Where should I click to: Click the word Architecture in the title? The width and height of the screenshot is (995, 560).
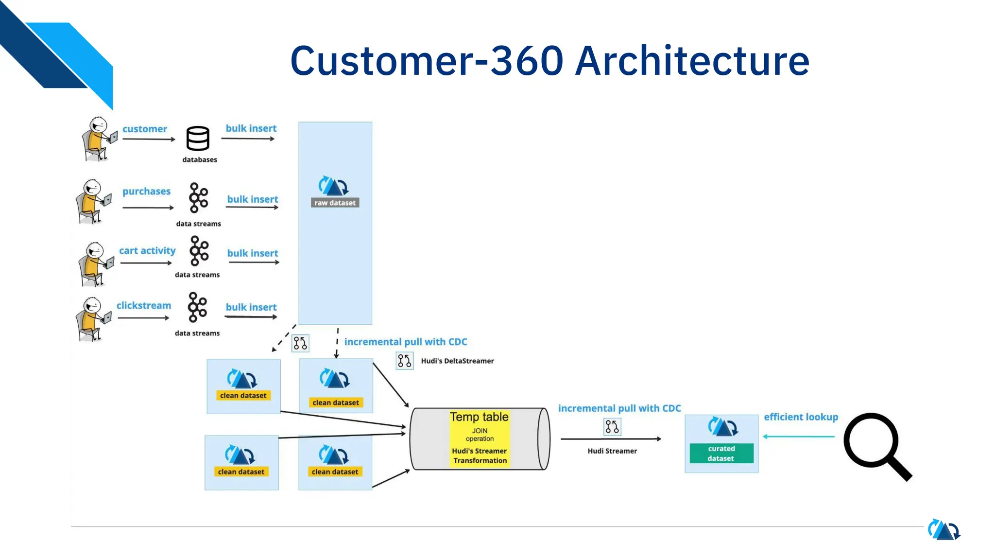pyautogui.click(x=692, y=61)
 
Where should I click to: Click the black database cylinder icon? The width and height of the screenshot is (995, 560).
pyautogui.click(x=198, y=139)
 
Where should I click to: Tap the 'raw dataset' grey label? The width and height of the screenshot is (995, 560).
pyautogui.click(x=335, y=203)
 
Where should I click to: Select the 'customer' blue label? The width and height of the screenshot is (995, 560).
pyautogui.click(x=144, y=129)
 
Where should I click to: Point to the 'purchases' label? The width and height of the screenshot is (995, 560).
pyautogui.click(x=146, y=191)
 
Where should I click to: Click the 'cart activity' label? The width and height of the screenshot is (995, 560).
pyautogui.click(x=147, y=250)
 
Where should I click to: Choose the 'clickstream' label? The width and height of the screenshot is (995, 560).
pyautogui.click(x=144, y=305)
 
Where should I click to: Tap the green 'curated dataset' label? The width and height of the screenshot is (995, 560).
pyautogui.click(x=721, y=453)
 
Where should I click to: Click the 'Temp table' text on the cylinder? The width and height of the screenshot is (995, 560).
pyautogui.click(x=479, y=417)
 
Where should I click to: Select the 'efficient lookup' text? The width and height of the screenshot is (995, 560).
pyautogui.click(x=801, y=417)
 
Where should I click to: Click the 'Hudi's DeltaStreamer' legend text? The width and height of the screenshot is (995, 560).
pyautogui.click(x=457, y=361)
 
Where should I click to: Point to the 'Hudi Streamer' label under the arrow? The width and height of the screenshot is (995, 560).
pyautogui.click(x=612, y=451)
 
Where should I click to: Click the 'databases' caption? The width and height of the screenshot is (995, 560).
pyautogui.click(x=200, y=159)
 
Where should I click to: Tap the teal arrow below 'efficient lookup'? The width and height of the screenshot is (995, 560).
pyautogui.click(x=799, y=436)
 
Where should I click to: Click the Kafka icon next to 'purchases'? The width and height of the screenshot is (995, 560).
pyautogui.click(x=198, y=198)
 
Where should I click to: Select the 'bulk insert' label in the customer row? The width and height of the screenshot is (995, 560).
pyautogui.click(x=251, y=128)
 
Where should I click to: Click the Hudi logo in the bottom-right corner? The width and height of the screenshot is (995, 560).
pyautogui.click(x=944, y=530)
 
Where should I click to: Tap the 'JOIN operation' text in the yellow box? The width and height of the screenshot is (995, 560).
pyautogui.click(x=480, y=435)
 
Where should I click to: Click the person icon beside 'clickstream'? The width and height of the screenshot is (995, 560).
pyautogui.click(x=94, y=319)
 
